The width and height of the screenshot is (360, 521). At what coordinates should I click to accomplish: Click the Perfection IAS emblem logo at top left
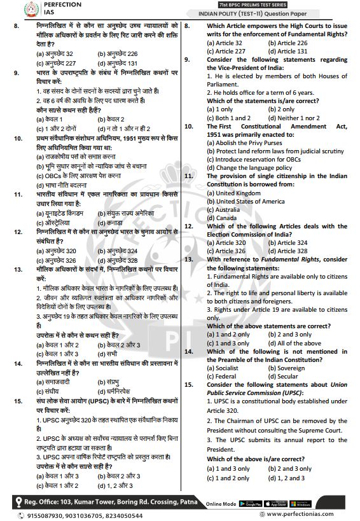tap(13, 10)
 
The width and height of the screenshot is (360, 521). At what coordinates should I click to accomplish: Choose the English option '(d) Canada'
tap(220, 218)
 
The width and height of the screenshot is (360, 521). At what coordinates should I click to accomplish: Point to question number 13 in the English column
tap(188, 259)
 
